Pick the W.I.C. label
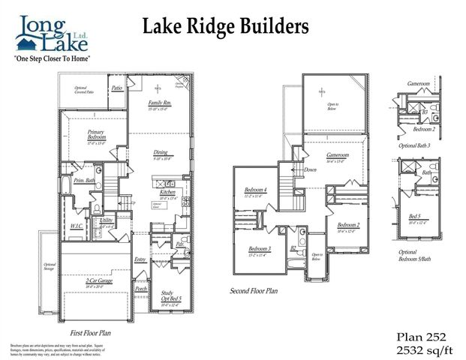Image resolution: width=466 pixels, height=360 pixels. coord(77,224)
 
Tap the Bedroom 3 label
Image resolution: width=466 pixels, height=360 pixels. coord(260,248)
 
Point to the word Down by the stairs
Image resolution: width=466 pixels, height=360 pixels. coord(310,169)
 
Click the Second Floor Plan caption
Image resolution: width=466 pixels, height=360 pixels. coord(254,289)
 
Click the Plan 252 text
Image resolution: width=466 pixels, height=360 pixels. coord(424,335)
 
